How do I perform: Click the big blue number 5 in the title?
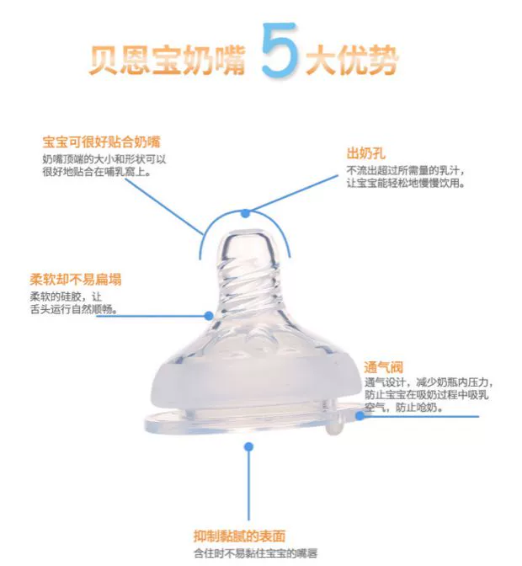pyautogui.click(x=280, y=51)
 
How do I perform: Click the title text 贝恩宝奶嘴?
pyautogui.click(x=168, y=60)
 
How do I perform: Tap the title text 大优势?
pyautogui.click(x=352, y=60)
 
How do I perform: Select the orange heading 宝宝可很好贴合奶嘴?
pyautogui.click(x=101, y=141)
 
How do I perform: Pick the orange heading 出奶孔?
pyautogui.click(x=366, y=153)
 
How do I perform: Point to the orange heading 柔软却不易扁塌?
pyautogui.click(x=76, y=280)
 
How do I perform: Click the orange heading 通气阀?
pyautogui.click(x=383, y=367)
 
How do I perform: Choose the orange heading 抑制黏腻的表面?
pyautogui.click(x=240, y=536)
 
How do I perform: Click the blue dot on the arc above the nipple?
pyautogui.click(x=246, y=213)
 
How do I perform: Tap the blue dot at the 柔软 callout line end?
pyautogui.click(x=209, y=316)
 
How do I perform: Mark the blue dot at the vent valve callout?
pyautogui.click(x=360, y=416)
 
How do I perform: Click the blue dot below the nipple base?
pyautogui.click(x=248, y=447)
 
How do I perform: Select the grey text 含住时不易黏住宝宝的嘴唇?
pyautogui.click(x=256, y=553)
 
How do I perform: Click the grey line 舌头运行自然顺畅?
pyautogui.click(x=73, y=309)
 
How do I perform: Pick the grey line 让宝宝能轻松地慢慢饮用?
pyautogui.click(x=406, y=183)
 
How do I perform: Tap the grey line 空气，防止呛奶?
pyautogui.click(x=403, y=407)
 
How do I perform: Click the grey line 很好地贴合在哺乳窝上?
pyautogui.click(x=97, y=172)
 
